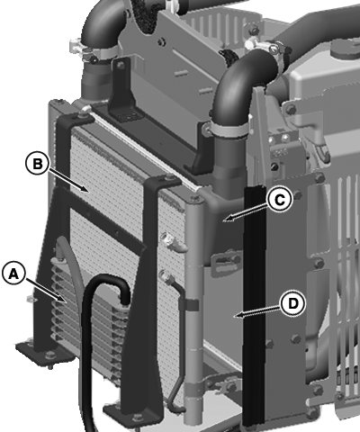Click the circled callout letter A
[13, 274]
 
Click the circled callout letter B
[38, 164]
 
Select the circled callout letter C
[280, 200]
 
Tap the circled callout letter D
[293, 304]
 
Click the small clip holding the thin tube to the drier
[188, 305]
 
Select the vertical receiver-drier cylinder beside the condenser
[194, 309]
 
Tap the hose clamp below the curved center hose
[229, 130]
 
